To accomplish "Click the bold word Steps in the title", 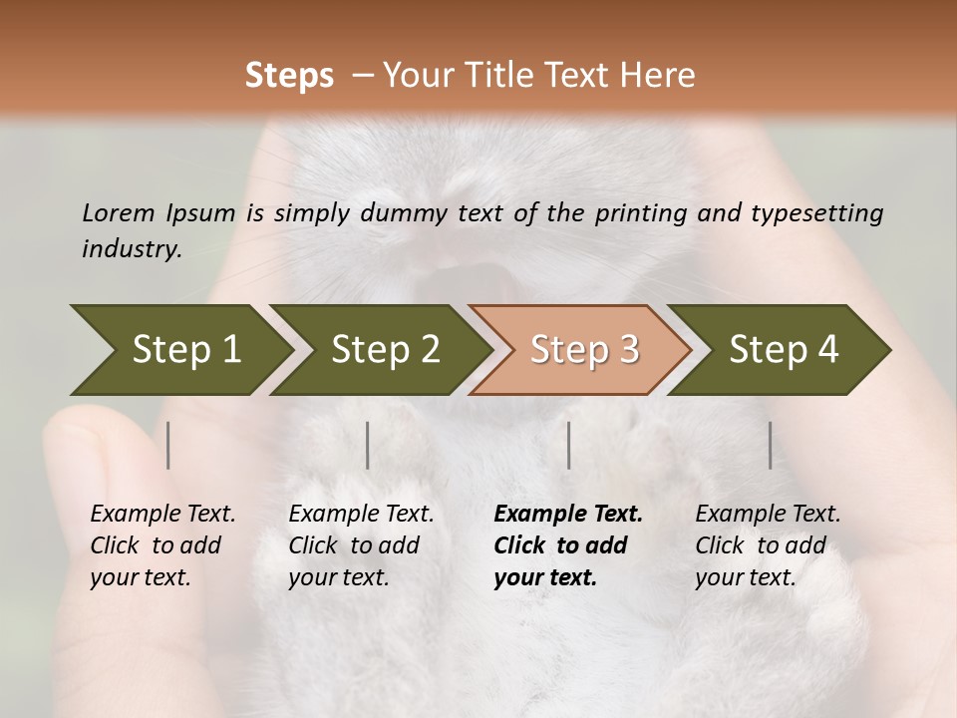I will tap(289, 76).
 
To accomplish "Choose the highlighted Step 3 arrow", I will tap(584, 349).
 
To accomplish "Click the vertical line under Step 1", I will tap(168, 445).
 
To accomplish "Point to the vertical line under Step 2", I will tap(368, 445).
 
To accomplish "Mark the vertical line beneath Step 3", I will tap(569, 445).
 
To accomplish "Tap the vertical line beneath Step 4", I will tap(771, 445).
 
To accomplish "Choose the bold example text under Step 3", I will tap(567, 545).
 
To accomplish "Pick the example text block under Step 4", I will tap(768, 545).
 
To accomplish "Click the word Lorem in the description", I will tap(118, 212).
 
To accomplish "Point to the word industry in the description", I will tap(132, 249).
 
